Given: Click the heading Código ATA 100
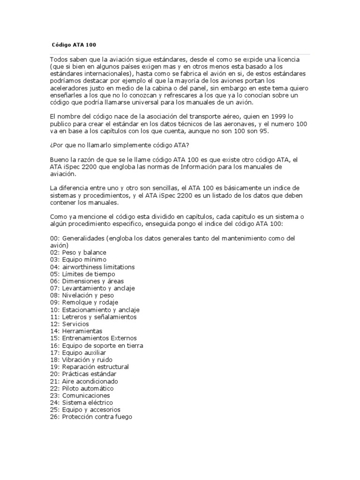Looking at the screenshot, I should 75,45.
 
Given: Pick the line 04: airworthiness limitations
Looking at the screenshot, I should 92,267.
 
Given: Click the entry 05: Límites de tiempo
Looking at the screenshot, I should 82,274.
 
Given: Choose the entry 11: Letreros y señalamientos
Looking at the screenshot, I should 93,317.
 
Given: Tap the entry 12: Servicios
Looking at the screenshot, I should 69,324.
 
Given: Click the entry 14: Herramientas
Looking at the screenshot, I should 76,331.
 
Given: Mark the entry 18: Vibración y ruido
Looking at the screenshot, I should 81,360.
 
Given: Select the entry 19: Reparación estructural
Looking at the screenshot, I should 89,367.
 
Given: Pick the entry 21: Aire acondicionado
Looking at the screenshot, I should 84,381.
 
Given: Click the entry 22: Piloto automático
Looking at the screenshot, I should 82,388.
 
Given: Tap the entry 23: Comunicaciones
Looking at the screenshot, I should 80,395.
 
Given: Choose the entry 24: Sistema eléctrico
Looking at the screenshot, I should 81,402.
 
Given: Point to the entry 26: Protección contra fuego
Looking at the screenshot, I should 91,417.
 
